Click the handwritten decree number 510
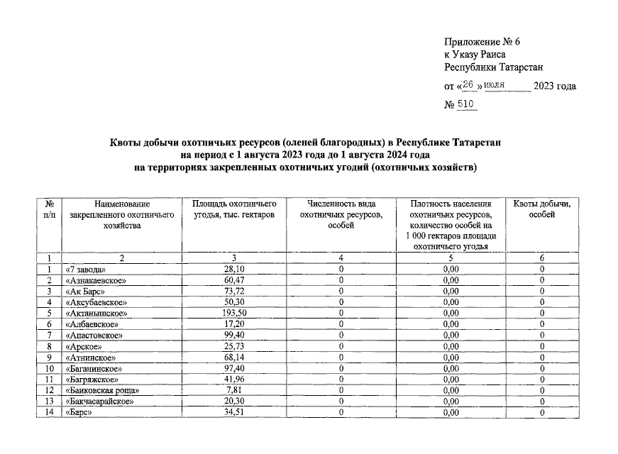[467, 105]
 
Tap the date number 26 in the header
[468, 86]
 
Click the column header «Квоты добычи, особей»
[542, 209]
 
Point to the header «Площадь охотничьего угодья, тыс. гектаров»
[233, 209]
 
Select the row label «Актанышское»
[96, 312]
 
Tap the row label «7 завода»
[86, 269]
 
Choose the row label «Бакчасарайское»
[100, 402]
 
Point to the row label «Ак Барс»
[87, 291]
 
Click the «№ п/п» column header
[49, 209]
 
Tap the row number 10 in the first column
[49, 368]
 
